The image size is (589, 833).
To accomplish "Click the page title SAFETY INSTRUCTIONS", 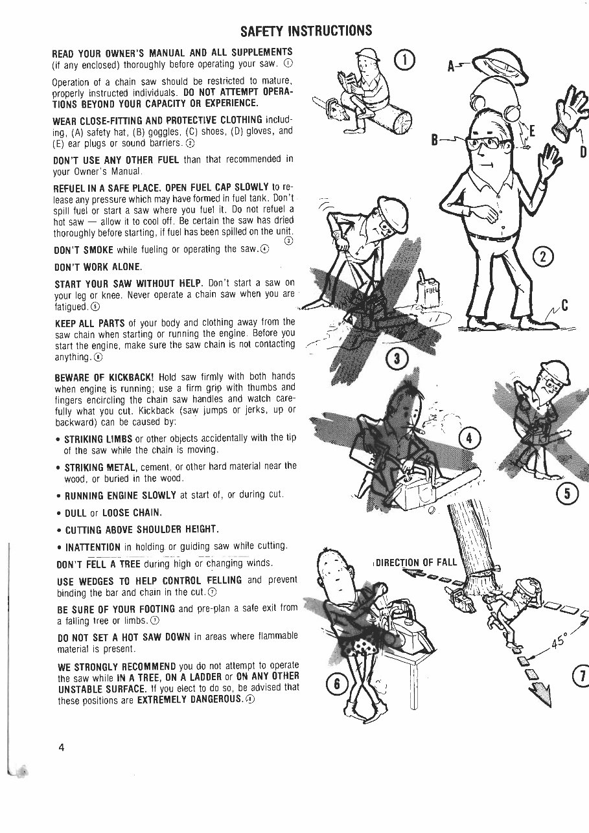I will click(306, 30).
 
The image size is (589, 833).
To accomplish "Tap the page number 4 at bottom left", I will click(62, 747).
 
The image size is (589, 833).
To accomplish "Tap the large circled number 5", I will click(568, 494).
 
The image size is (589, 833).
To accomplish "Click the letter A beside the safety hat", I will click(452, 67).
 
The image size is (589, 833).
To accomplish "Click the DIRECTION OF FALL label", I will click(417, 562).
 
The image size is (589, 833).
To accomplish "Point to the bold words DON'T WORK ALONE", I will click(97, 266).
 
